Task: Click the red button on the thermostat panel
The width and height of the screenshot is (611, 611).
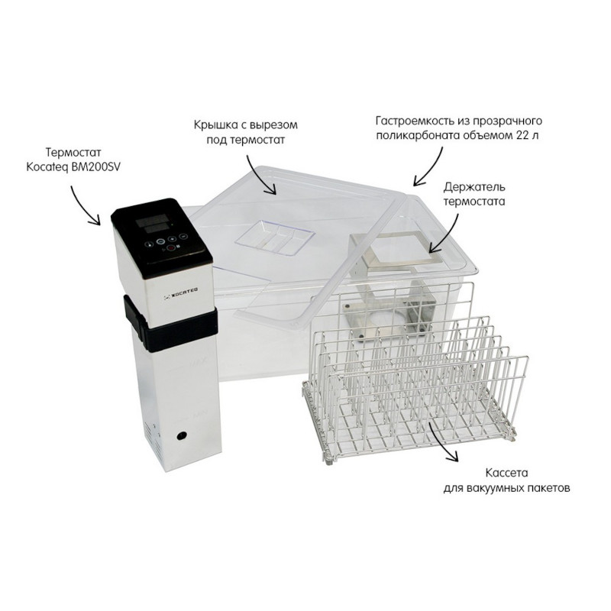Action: click(x=170, y=247)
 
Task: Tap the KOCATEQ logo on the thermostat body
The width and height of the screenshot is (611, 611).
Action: click(x=181, y=291)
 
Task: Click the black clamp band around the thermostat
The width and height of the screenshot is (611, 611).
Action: click(x=170, y=323)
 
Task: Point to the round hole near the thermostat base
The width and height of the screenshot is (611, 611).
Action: click(x=181, y=435)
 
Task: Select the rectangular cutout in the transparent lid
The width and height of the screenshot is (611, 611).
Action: click(x=274, y=238)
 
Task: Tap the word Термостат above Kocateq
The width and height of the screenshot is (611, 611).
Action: click(x=73, y=151)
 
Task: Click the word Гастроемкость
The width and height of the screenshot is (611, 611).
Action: click(x=415, y=121)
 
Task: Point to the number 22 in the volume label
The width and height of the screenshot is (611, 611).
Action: click(x=522, y=136)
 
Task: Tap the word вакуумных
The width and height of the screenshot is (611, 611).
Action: click(x=493, y=488)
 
